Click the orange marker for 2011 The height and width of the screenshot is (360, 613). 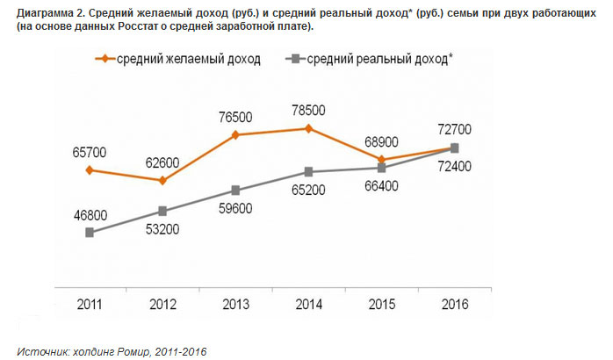[90, 169]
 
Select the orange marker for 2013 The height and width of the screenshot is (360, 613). [235, 135]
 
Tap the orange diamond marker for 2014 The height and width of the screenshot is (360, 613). [308, 128]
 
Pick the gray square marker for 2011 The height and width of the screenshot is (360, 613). [90, 232]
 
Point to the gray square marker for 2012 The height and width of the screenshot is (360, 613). [162, 211]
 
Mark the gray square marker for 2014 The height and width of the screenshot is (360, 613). [308, 171]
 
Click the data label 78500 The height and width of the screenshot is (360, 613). [308, 110]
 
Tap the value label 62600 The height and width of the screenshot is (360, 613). [162, 162]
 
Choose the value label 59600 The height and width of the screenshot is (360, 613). [235, 209]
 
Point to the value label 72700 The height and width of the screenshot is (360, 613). [454, 129]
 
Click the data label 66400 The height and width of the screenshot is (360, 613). [382, 185]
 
